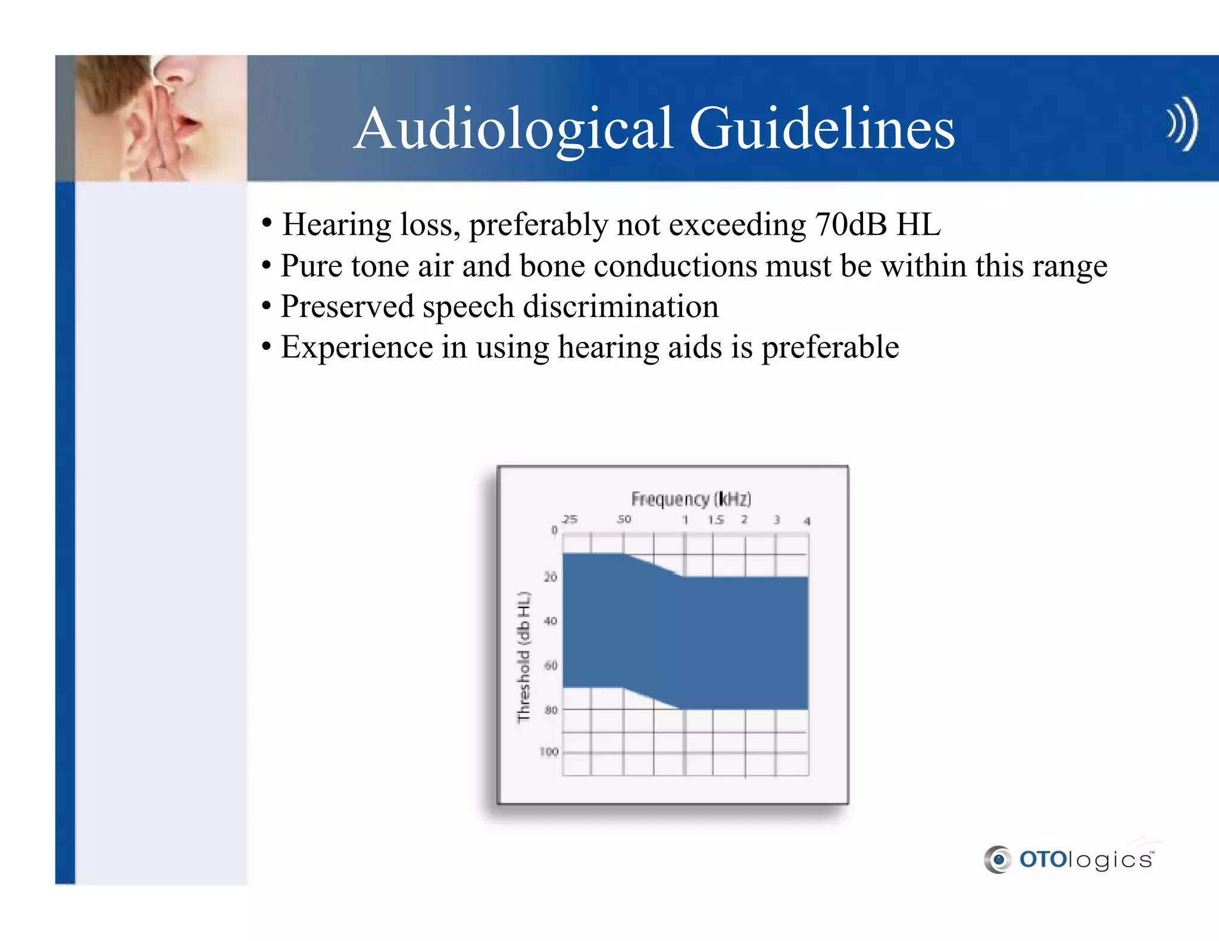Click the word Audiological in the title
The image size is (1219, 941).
coord(514,129)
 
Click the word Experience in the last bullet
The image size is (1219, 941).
coord(357,347)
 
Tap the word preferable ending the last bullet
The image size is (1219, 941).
coord(830,347)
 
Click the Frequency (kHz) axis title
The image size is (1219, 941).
coord(691,498)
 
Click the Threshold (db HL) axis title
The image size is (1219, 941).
coord(523,657)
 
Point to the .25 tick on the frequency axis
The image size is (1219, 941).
coord(570,519)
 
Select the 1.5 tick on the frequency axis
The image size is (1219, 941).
coord(715,520)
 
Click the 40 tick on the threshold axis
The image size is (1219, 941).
coord(551,621)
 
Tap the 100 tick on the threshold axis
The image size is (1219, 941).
coord(549,752)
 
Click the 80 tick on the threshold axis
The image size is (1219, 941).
coord(551,710)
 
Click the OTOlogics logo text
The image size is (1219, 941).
coord(1086,860)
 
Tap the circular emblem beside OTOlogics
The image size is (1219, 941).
coord(998,860)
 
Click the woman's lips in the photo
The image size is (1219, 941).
coord(189,123)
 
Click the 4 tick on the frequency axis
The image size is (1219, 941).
coord(807,521)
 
